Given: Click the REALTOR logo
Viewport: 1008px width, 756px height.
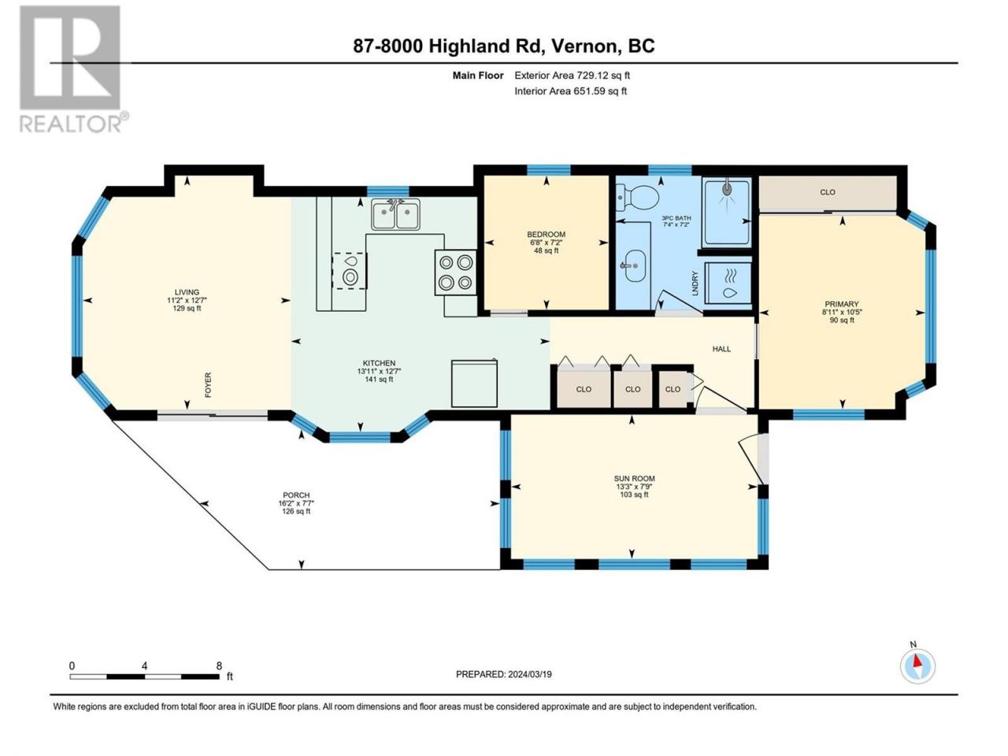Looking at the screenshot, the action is [x=72, y=69].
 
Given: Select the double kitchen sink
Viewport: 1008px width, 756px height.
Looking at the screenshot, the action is [x=395, y=214].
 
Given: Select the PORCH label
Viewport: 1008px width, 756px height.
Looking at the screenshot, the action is [x=296, y=495].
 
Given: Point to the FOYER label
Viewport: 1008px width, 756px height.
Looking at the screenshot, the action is [x=208, y=384].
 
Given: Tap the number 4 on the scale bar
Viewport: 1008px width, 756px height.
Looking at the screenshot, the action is [x=145, y=666].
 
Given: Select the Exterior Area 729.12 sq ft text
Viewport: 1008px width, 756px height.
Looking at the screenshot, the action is [x=573, y=76].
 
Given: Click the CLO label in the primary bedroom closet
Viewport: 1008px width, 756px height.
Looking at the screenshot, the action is [x=828, y=192].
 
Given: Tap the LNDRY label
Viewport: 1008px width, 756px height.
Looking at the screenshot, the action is [x=695, y=283].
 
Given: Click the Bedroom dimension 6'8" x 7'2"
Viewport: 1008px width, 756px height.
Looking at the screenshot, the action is [x=546, y=243].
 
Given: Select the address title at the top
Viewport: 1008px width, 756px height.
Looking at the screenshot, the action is [x=504, y=46].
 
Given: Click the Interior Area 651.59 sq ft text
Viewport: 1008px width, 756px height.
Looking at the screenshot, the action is [x=570, y=91].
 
